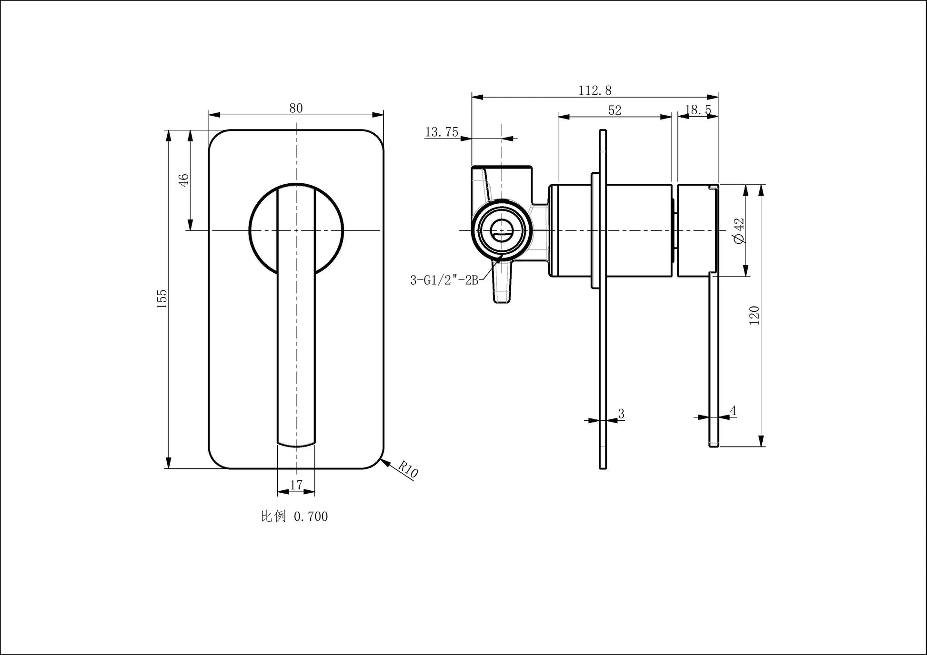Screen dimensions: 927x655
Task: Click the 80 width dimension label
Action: point(296,108)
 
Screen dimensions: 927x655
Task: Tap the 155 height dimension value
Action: point(162,299)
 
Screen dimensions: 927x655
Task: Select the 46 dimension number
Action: point(183,180)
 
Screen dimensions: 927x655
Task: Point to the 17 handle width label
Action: point(296,485)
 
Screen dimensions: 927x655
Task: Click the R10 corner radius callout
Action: point(408,469)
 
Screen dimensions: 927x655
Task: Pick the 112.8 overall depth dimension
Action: point(595,90)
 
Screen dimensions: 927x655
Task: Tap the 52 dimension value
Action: point(615,110)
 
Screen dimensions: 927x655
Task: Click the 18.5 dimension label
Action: point(698,110)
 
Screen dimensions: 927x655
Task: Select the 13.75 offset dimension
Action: point(442,132)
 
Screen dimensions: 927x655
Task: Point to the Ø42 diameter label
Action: point(739,231)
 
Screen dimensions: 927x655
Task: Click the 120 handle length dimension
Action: point(754,316)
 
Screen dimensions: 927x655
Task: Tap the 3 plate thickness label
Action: point(621,414)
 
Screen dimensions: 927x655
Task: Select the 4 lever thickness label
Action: point(733,411)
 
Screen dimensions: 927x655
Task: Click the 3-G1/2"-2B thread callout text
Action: point(444,280)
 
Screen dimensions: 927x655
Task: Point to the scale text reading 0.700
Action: point(311,516)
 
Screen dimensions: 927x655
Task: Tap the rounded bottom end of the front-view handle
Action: point(296,444)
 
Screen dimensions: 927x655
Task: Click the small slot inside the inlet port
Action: point(501,234)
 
